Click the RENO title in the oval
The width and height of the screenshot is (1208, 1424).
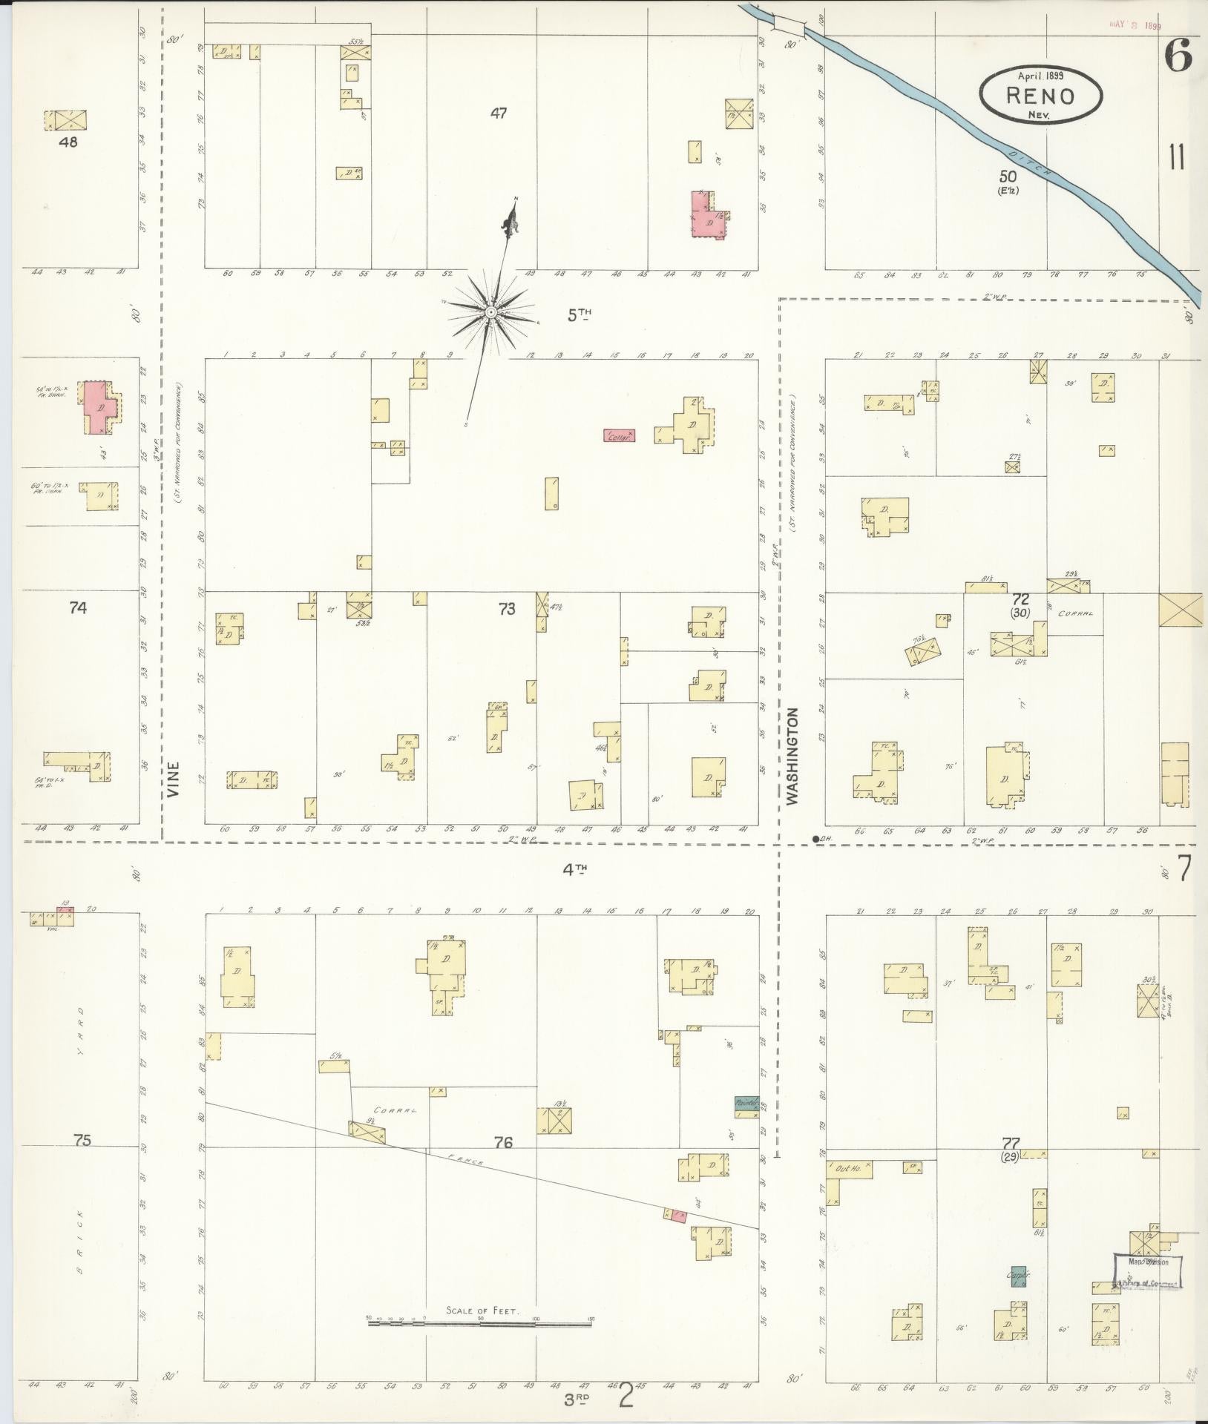tap(1040, 96)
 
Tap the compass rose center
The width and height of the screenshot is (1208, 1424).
tap(490, 313)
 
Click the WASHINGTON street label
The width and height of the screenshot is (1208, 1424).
tap(792, 756)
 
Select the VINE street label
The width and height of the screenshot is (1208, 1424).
tap(174, 779)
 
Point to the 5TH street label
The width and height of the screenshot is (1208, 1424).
tap(581, 315)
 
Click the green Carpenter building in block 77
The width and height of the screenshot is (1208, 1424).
tap(1018, 1276)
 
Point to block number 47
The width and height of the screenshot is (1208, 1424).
tap(499, 113)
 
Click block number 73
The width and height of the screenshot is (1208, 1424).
tap(506, 609)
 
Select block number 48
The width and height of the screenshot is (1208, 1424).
tap(69, 141)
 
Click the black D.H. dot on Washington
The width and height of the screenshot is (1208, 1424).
tap(816, 839)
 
